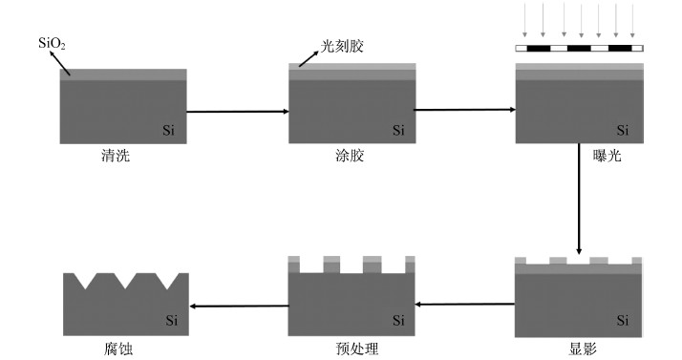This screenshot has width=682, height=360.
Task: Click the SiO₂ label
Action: (52, 44)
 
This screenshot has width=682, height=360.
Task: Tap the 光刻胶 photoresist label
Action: (342, 46)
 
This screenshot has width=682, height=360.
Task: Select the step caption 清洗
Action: (116, 156)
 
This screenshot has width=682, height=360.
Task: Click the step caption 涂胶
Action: (350, 156)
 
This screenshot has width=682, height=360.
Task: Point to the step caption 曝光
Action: (607, 156)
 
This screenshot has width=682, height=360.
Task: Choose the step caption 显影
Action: (583, 349)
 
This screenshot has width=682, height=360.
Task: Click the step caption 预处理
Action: (357, 349)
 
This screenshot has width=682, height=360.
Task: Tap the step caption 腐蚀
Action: (118, 349)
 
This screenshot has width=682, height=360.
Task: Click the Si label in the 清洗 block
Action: (169, 130)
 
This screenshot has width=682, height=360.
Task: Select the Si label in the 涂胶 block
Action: (398, 130)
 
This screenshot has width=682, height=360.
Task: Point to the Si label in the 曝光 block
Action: (623, 130)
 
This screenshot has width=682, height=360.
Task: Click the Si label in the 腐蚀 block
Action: (172, 321)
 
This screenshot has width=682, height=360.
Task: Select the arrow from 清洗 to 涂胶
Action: (238, 112)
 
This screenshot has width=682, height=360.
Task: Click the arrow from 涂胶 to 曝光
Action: (464, 110)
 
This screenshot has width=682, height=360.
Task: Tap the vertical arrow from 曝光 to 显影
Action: (579, 200)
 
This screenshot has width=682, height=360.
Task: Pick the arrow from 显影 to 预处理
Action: (465, 305)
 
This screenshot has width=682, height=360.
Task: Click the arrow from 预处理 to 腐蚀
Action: (240, 307)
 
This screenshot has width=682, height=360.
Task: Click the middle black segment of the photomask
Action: (579, 49)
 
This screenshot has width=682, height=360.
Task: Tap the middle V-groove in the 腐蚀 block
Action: (125, 281)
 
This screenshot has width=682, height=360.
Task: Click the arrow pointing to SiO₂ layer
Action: (60, 63)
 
